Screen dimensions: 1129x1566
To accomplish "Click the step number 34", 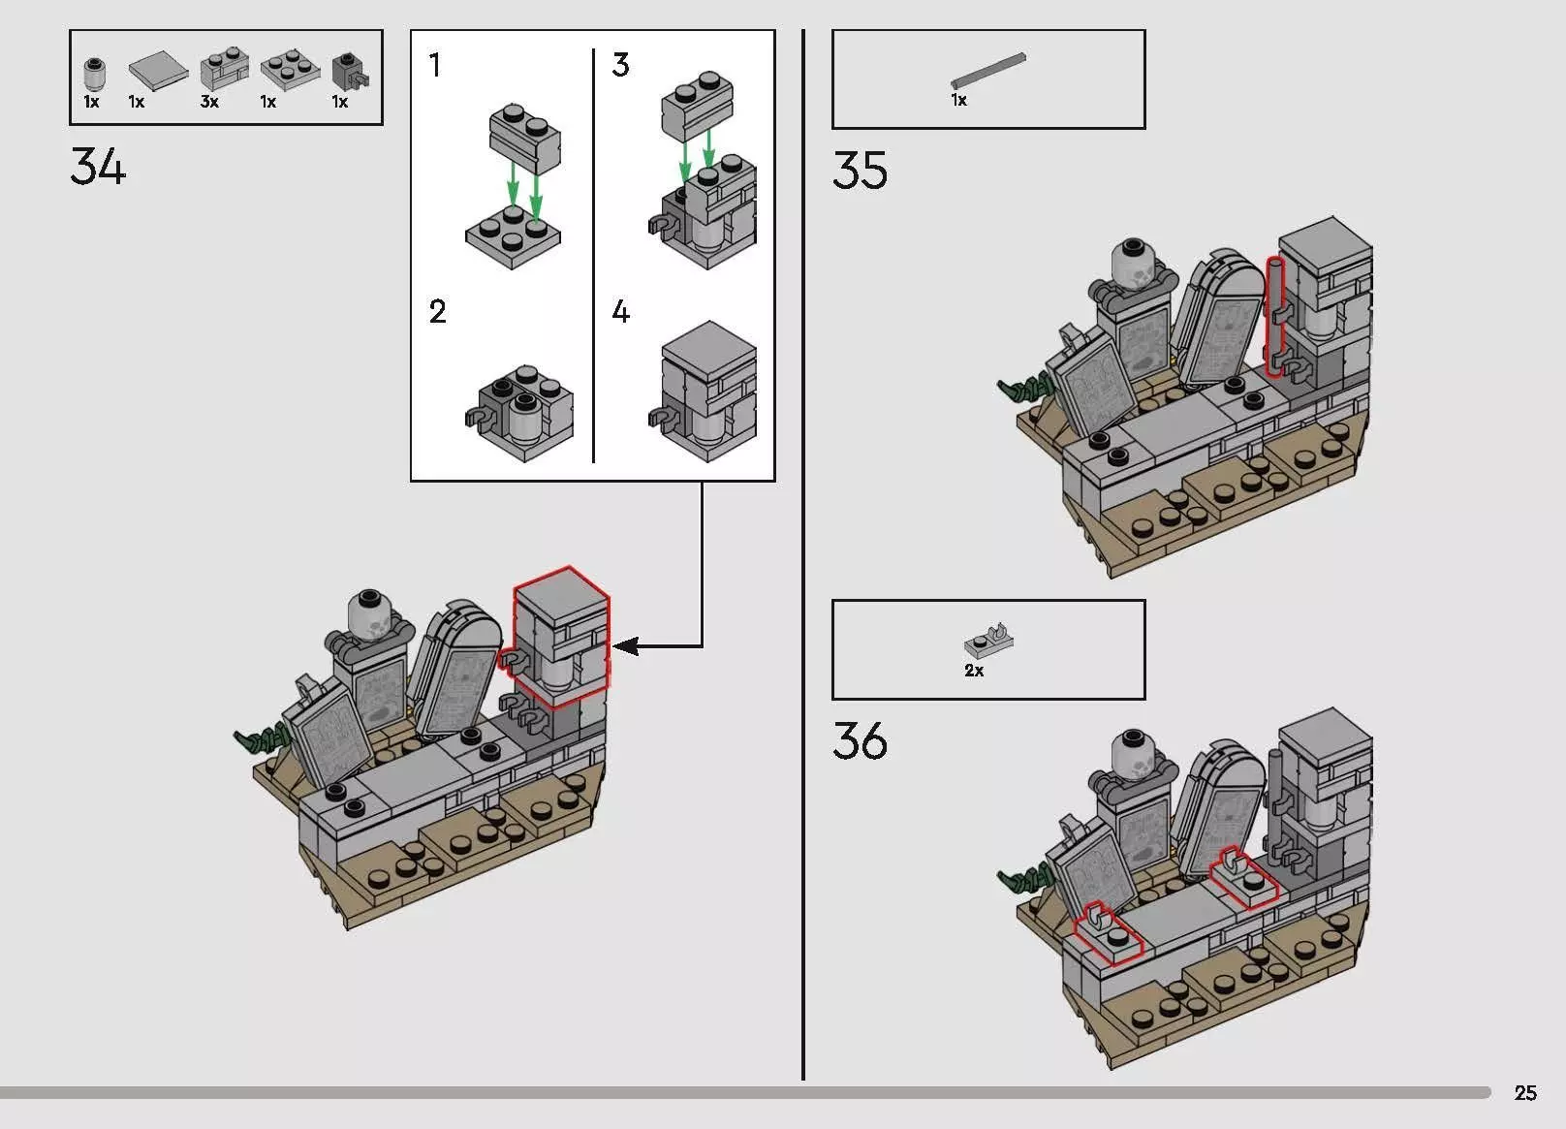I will [x=98, y=167].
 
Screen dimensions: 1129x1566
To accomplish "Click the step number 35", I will [x=860, y=171].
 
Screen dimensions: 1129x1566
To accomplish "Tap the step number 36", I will [x=860, y=741].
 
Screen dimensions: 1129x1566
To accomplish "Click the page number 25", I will [x=1524, y=1093].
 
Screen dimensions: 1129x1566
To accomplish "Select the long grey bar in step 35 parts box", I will [x=987, y=71].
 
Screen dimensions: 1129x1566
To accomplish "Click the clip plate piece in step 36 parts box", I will [x=988, y=640].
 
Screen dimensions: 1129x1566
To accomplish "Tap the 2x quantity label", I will [x=974, y=671].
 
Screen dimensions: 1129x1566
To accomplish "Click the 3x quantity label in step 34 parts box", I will [x=209, y=102].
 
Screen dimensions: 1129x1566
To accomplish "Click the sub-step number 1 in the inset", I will [x=435, y=65].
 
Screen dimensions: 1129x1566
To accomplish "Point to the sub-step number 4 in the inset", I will [x=621, y=311].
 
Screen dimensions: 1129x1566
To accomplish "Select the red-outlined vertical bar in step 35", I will [x=1274, y=315].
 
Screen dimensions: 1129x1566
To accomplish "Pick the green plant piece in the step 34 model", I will [x=258, y=741].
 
